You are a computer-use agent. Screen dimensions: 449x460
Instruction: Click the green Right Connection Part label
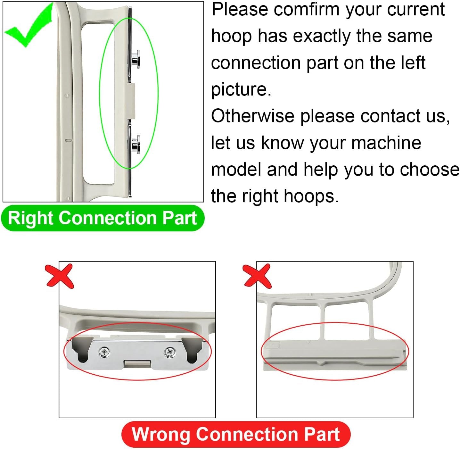pos(103,218)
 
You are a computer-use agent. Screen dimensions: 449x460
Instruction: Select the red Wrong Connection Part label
pos(236,434)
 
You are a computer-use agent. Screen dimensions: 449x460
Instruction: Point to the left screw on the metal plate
pos(104,352)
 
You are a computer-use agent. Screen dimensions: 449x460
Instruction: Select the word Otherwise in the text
pos(253,116)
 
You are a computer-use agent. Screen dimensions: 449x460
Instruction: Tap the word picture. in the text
pos(241,89)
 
